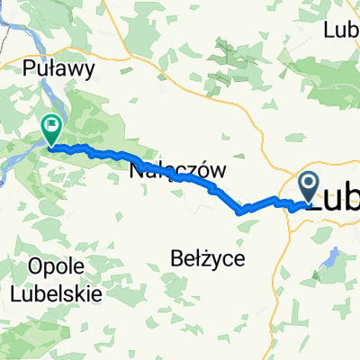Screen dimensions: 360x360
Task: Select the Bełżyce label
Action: [205, 259]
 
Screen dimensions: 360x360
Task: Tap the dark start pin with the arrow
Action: [309, 188]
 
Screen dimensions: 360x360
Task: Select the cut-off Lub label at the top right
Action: [341, 29]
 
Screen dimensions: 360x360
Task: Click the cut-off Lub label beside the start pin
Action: [335, 200]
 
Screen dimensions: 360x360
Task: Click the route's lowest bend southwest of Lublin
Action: [239, 212]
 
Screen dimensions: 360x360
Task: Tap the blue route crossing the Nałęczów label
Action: [184, 177]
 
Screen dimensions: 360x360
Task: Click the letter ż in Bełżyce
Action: [199, 259]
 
